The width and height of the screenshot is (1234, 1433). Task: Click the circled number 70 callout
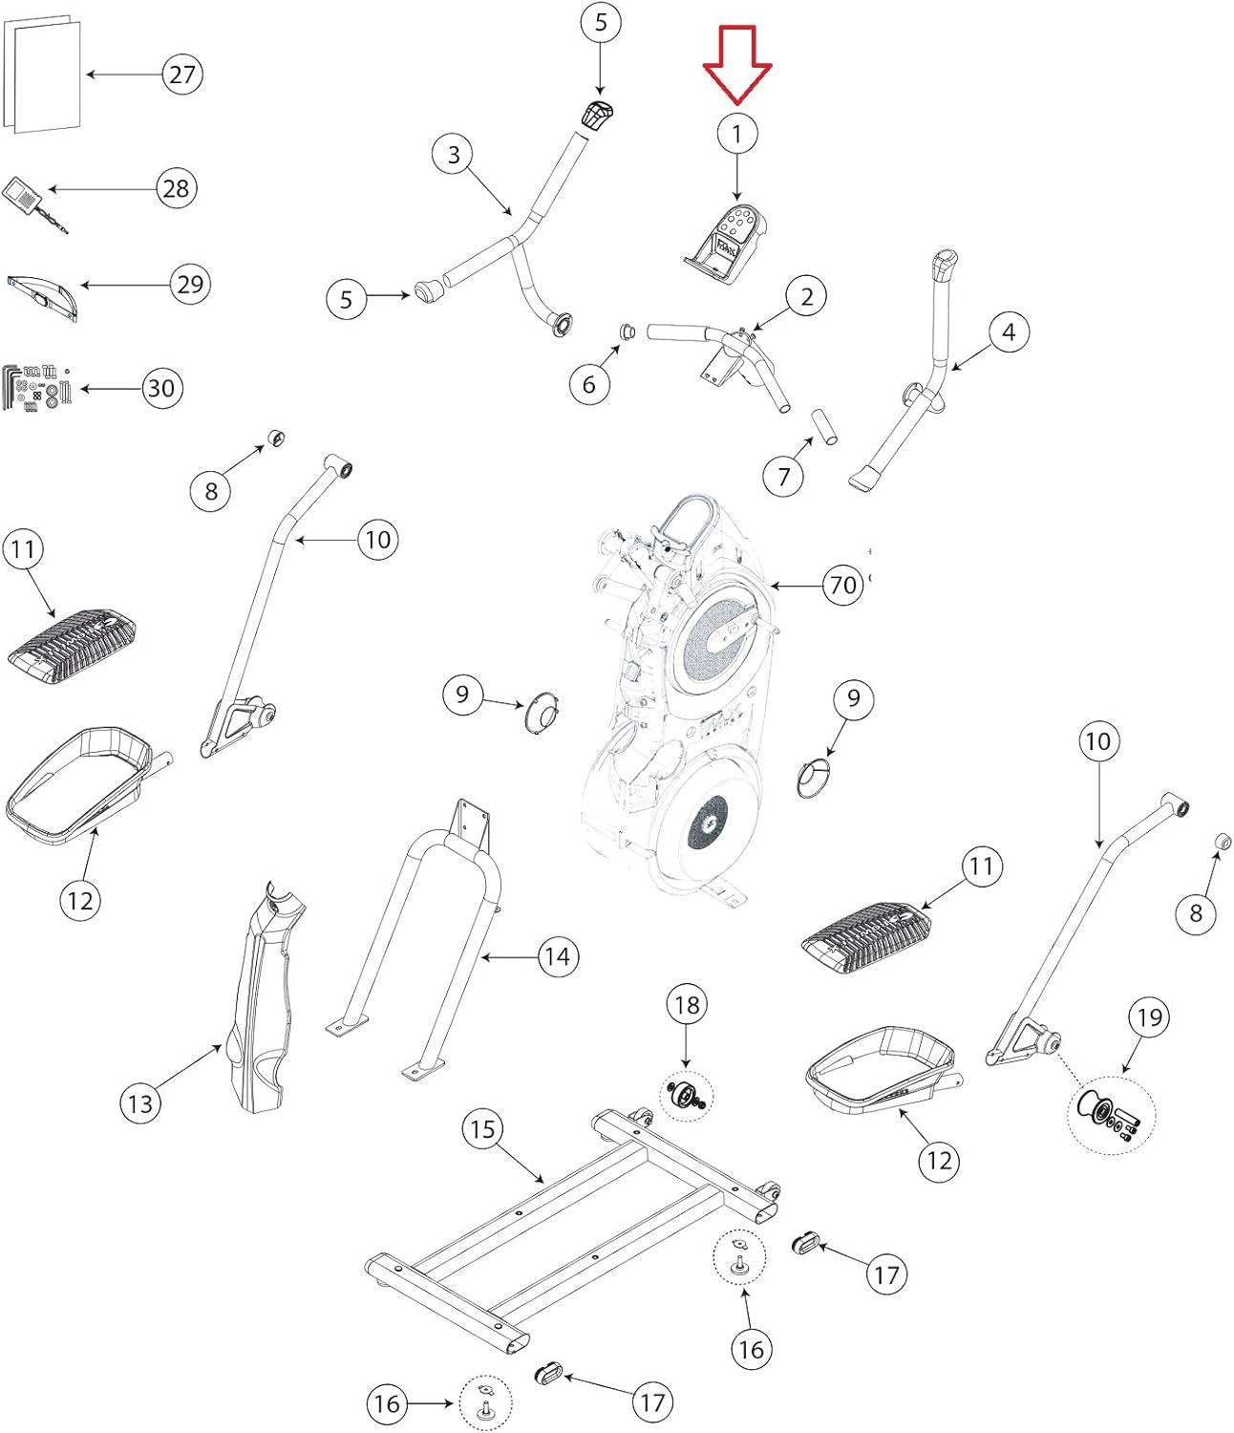point(843,584)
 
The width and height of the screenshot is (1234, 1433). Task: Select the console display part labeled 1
point(728,244)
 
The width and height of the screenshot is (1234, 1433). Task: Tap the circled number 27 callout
point(182,74)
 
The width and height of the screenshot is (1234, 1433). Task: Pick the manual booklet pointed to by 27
point(43,75)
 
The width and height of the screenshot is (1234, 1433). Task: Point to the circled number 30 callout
point(162,388)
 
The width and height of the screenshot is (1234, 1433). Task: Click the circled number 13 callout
point(140,1103)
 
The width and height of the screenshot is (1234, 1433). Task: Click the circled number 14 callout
point(557,956)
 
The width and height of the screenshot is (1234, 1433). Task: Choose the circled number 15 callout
point(482,1129)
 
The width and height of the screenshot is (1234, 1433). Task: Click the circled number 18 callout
point(687,1005)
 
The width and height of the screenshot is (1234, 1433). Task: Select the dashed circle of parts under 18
point(687,1097)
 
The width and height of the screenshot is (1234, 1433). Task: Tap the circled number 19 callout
point(1149,1017)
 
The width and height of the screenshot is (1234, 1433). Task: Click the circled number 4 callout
point(1009,332)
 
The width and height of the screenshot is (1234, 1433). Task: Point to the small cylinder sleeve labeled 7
point(824,426)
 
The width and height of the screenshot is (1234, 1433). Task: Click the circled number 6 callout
point(589,384)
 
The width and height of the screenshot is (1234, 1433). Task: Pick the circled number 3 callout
point(454,155)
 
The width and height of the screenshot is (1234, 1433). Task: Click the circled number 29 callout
point(191,284)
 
